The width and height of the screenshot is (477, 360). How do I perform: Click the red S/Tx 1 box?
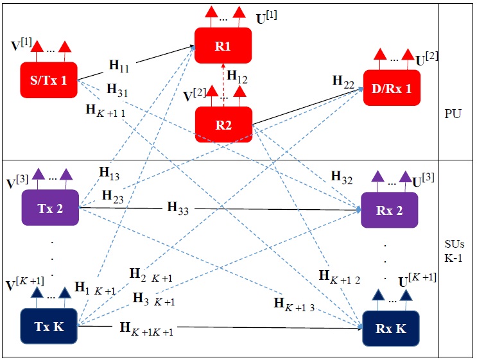point(49,81)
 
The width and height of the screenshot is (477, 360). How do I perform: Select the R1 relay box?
point(223,46)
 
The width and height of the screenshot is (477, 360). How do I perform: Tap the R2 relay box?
point(223,124)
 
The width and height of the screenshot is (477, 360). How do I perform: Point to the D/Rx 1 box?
point(392,88)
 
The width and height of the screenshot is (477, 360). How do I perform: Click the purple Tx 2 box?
point(50,207)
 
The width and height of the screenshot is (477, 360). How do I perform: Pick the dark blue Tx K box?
point(49,326)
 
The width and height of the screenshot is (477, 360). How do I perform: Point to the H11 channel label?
point(118,65)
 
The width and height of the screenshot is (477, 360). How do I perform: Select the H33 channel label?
point(178,207)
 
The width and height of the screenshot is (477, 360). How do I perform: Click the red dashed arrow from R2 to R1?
point(223,82)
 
